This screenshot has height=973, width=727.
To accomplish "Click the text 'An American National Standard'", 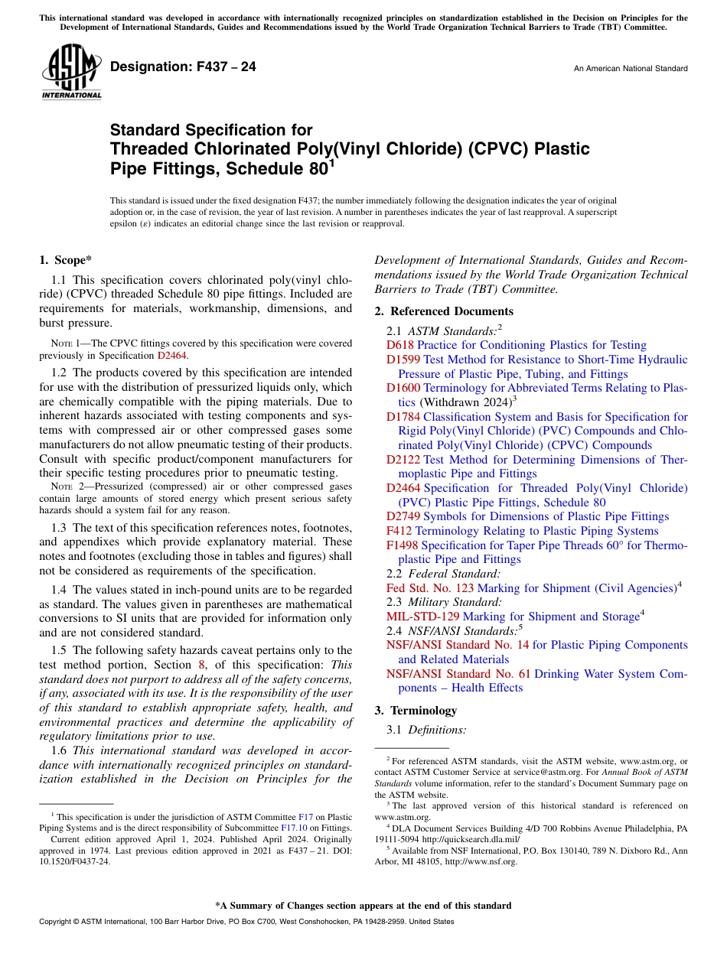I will point(630,69).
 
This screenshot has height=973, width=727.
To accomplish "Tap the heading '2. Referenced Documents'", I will point(444,311).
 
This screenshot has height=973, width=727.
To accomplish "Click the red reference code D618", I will point(399,345).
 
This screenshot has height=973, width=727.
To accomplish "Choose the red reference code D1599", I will point(403,360).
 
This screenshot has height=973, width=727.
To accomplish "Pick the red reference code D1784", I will point(403,417).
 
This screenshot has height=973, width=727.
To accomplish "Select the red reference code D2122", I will point(403,460).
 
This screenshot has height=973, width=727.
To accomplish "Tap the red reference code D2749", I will point(403,517).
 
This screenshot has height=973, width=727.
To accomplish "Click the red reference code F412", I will point(399,531).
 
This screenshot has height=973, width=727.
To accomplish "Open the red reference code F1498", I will point(402,545).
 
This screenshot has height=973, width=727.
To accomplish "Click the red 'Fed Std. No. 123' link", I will point(429,588).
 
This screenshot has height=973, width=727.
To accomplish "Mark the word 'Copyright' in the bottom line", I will point(56,922).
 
